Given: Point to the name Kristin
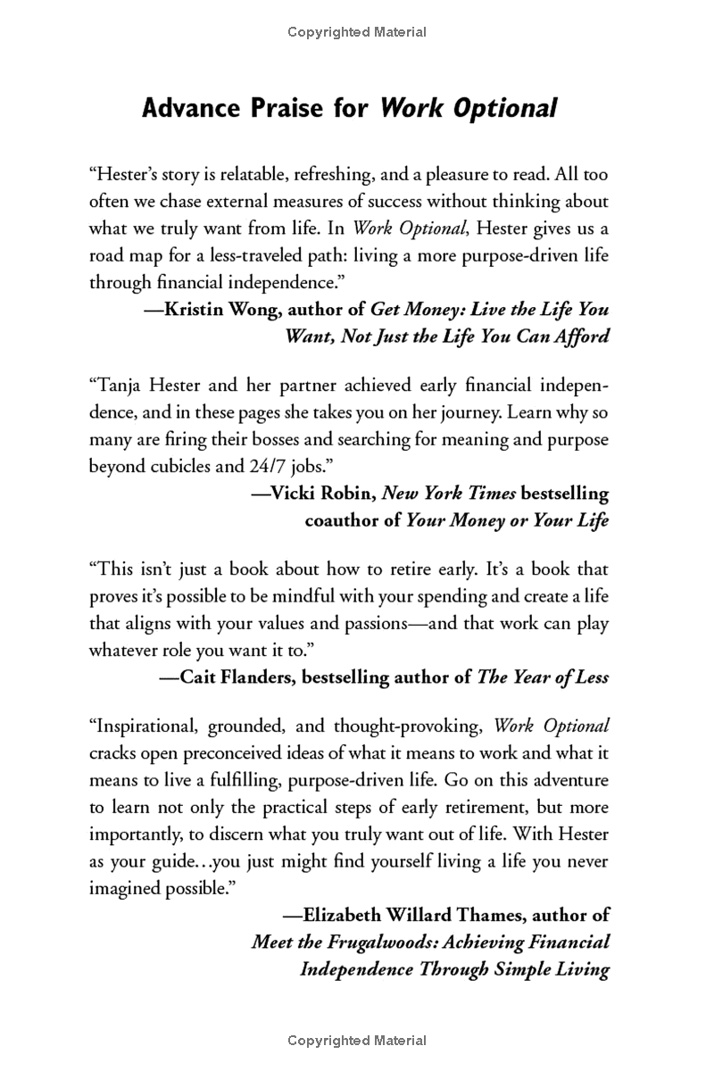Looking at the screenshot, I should (x=196, y=310).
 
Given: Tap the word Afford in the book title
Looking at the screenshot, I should (x=581, y=336).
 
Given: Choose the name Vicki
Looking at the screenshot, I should (x=290, y=494).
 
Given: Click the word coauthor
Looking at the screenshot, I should (x=343, y=520).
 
